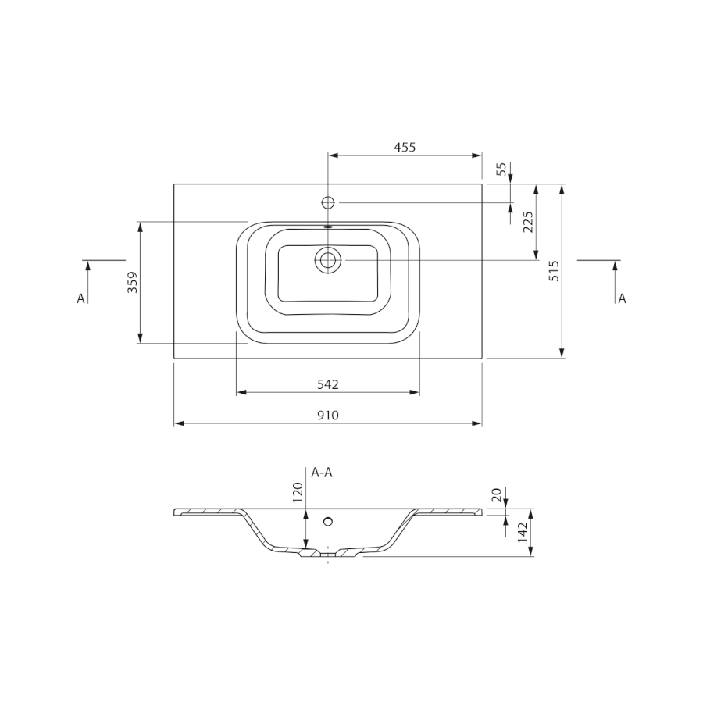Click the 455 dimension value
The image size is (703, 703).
click(x=405, y=147)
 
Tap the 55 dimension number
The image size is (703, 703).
click(x=501, y=169)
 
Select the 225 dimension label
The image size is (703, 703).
click(x=529, y=222)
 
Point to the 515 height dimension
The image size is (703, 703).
click(x=554, y=271)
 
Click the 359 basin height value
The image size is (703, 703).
click(x=132, y=283)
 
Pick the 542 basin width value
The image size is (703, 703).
click(x=328, y=384)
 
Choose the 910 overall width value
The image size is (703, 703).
click(x=328, y=416)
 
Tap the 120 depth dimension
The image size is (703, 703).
click(x=298, y=492)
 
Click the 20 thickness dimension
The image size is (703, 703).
click(x=496, y=495)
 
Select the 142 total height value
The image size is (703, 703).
click(x=523, y=532)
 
